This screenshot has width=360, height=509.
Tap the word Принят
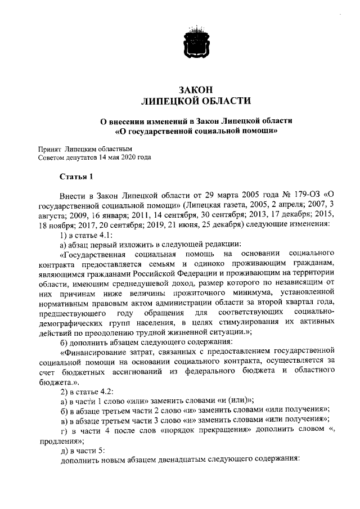coord(49,150)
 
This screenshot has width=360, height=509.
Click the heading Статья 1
coord(75,177)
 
